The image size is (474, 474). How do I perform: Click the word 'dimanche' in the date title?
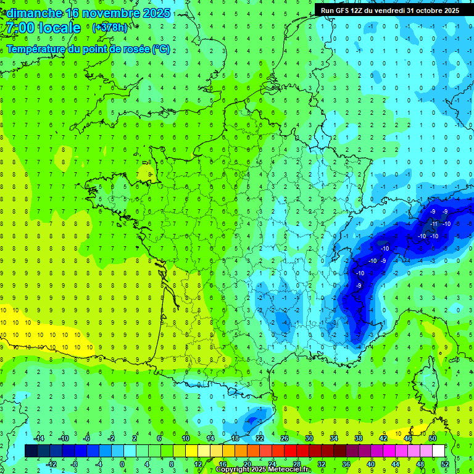coord(31,12)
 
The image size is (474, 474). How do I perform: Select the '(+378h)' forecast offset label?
coord(110,28)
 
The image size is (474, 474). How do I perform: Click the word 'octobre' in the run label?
coord(426,10)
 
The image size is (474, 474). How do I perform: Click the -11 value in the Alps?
coord(434,223)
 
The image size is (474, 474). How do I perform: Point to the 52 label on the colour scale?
coord(445,464)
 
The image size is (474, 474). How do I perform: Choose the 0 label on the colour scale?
coord(122,464)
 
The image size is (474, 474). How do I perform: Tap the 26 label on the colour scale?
coord(285,438)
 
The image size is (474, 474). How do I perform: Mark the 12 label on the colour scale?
coord(197,464)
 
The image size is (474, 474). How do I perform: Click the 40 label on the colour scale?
coord(371,464)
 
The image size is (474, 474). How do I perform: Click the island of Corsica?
coord(430,376)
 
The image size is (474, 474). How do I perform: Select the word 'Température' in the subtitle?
coord(37,49)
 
